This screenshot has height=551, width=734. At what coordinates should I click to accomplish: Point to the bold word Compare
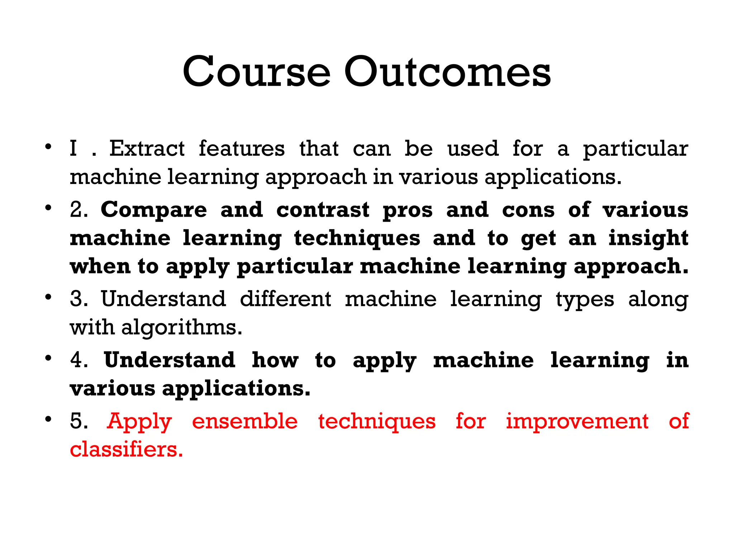(154, 210)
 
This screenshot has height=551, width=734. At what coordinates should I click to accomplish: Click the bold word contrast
(323, 209)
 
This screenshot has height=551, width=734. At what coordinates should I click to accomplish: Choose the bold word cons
(528, 210)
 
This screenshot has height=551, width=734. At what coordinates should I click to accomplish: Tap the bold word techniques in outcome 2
(357, 239)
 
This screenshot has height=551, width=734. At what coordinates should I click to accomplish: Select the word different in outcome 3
(285, 299)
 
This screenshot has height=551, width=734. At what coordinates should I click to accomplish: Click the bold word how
(275, 360)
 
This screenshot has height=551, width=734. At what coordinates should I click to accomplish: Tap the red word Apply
(139, 422)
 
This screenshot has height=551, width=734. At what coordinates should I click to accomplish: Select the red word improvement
(577, 421)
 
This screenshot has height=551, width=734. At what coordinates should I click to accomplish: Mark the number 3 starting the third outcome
(77, 299)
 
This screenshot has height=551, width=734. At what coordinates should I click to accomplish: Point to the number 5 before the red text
(77, 421)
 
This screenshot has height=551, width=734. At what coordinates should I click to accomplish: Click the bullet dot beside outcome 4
(48, 358)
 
